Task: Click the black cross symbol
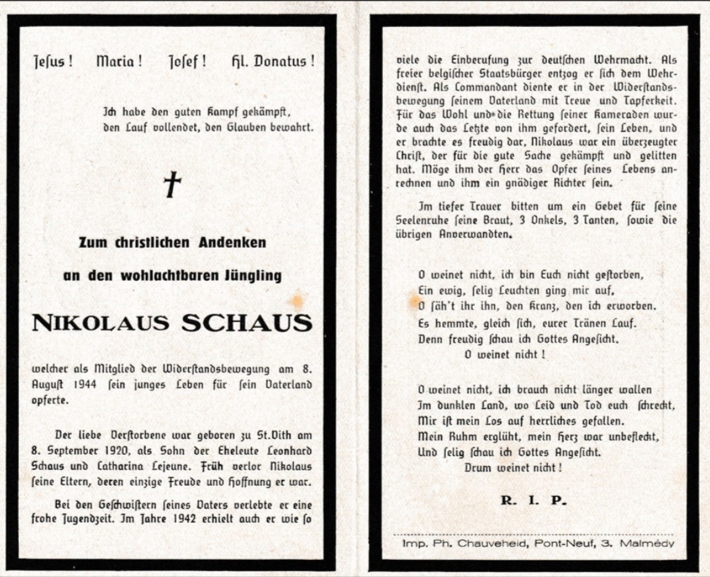tap(172, 184)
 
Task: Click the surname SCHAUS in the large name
tap(247, 323)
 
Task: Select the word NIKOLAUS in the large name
tap(103, 323)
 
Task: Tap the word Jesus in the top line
tap(53, 62)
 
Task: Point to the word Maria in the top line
tap(118, 62)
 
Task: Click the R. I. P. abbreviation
tap(533, 501)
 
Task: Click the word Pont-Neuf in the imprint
tap(557, 543)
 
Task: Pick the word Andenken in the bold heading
tap(226, 242)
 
